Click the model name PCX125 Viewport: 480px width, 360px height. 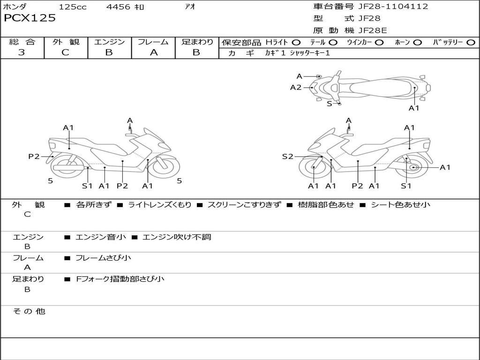tap(30, 18)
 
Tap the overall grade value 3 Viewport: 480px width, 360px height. tap(22, 52)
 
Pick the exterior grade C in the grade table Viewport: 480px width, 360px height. tap(66, 52)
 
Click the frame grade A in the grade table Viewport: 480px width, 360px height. tap(153, 52)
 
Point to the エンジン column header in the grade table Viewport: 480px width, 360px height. tap(110, 42)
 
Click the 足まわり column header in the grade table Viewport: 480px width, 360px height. tap(197, 42)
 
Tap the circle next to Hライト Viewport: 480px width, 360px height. tap(296, 43)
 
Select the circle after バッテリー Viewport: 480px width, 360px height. tap(471, 43)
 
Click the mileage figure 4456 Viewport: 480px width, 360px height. tap(118, 7)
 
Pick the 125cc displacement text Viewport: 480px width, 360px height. tap(73, 7)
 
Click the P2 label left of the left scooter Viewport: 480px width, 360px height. tap(34, 157)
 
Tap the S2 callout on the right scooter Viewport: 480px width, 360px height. tap(287, 157)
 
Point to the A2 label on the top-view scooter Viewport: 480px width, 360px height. tap(296, 87)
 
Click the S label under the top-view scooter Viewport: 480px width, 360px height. tap(329, 104)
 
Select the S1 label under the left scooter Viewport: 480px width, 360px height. tap(87, 186)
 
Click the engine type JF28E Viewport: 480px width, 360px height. tap(373, 30)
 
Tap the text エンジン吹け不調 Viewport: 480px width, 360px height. tap(176, 237)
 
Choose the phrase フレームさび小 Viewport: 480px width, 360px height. tap(103, 258)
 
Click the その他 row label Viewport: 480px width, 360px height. tap(29, 311)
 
